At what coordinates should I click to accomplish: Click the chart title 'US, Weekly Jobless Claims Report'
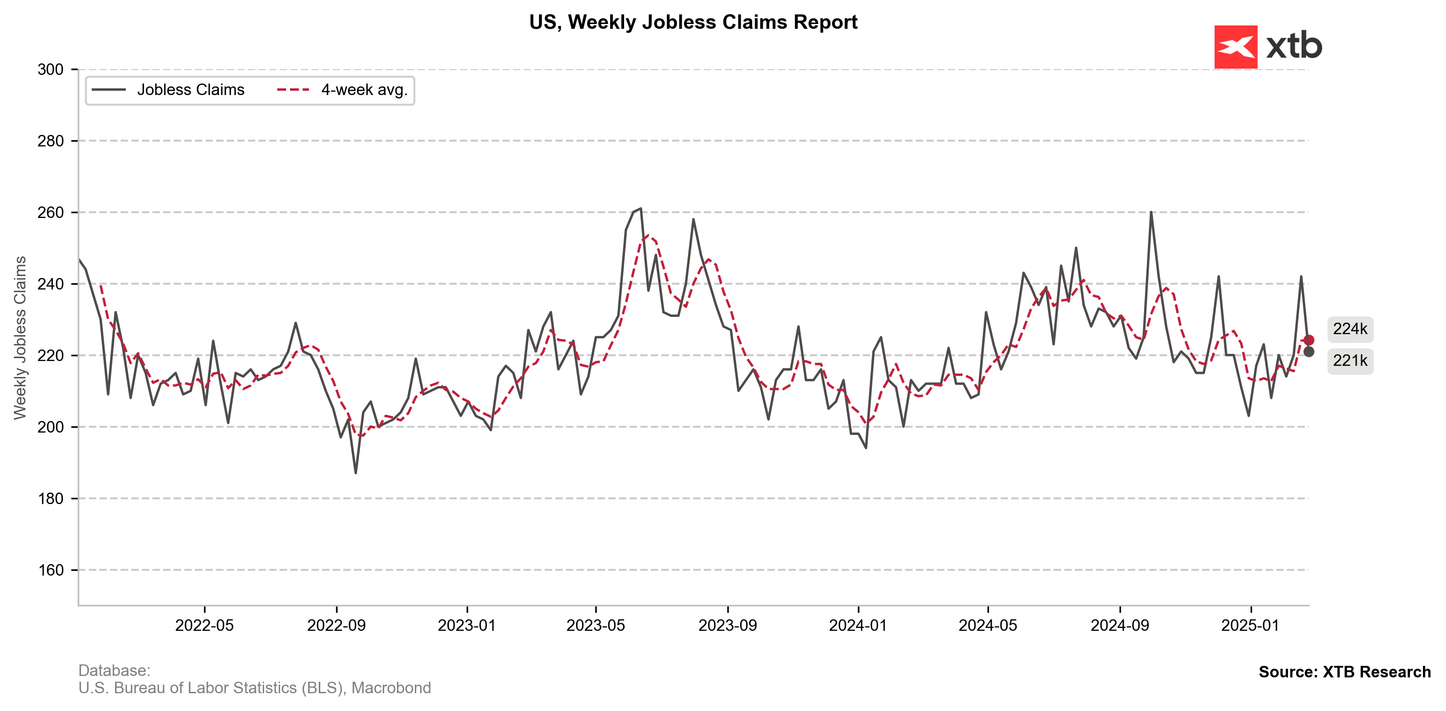pos(693,23)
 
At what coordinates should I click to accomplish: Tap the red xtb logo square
pos(1236,47)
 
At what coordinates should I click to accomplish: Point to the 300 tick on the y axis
pos(50,70)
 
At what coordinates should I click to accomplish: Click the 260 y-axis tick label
pos(50,213)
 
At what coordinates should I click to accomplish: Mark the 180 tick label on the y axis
pos(50,499)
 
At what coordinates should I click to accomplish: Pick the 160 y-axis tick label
pos(50,570)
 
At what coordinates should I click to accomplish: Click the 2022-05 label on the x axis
pos(205,625)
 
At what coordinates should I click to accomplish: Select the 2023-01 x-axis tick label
pos(467,625)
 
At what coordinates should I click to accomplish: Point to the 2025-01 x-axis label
pos(1250,625)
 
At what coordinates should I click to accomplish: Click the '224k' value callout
pos(1350,329)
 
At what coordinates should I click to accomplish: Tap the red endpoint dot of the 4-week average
pos(1309,340)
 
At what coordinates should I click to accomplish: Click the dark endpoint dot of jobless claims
pos(1309,352)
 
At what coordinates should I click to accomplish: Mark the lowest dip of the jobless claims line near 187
pos(355,472)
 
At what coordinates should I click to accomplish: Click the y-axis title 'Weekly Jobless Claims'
pos(20,337)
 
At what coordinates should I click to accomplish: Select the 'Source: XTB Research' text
pos(1344,672)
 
